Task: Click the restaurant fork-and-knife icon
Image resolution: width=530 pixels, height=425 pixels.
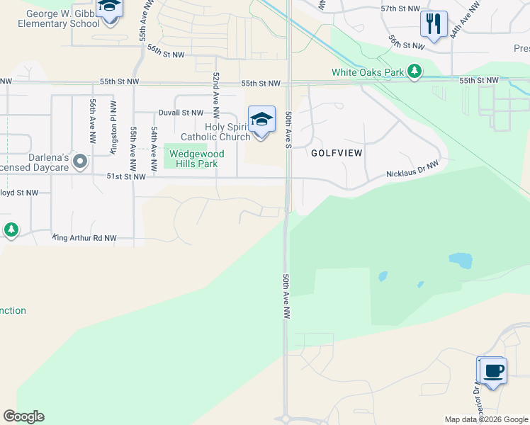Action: [434, 24]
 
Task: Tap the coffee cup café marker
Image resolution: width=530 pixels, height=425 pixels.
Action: [493, 370]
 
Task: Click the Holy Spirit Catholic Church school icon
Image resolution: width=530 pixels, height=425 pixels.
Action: [261, 120]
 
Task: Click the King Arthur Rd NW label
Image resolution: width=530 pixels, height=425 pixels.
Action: [84, 239]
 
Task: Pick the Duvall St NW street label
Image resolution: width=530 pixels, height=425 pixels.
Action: [181, 113]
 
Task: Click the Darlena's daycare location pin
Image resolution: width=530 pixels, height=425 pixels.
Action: [80, 162]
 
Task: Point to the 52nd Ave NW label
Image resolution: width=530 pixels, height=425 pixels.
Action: [215, 94]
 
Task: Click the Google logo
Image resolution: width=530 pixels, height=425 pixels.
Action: [23, 416]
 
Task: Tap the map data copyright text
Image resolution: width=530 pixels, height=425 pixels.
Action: [485, 419]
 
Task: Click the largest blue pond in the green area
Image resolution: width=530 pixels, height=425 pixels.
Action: [460, 261]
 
